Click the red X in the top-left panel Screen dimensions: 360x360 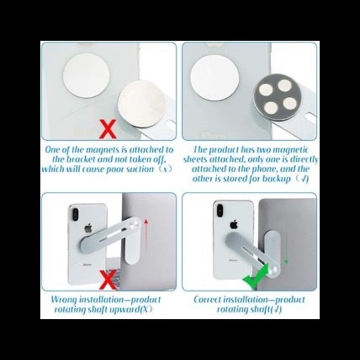109,130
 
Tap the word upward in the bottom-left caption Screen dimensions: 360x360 121,309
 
